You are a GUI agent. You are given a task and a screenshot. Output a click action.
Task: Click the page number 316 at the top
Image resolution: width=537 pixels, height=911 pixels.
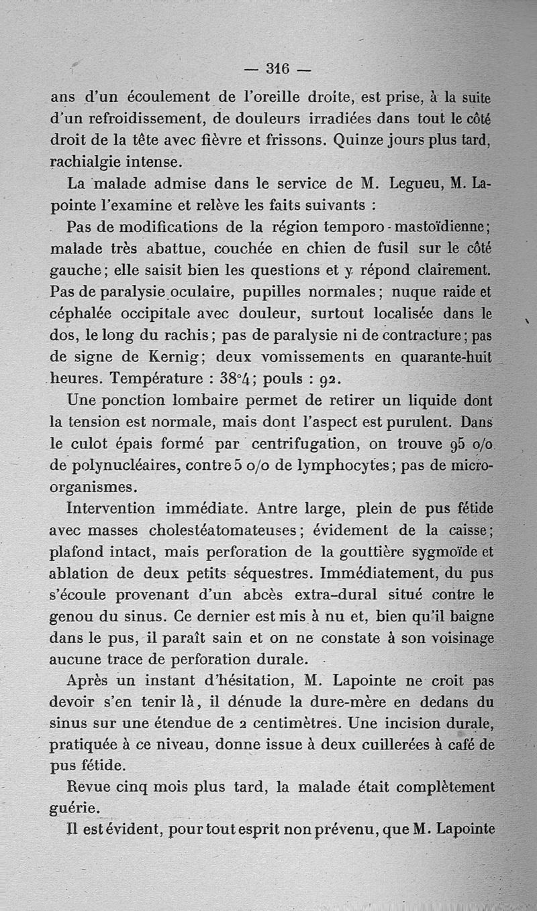pyautogui.click(x=277, y=68)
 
